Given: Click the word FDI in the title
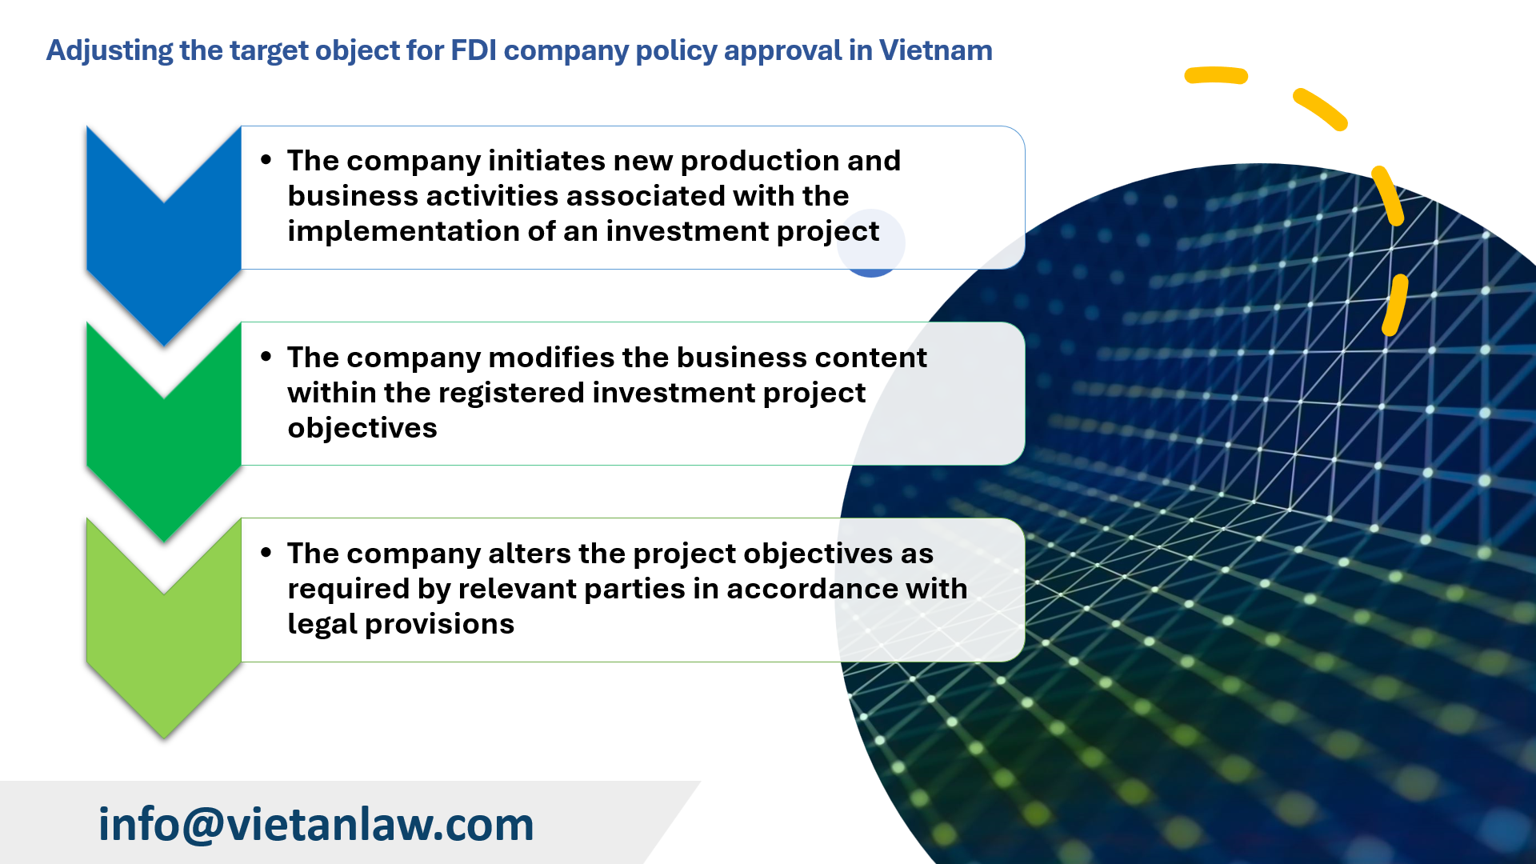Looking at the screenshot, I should pos(474,50).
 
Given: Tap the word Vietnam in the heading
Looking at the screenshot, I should pos(935,50).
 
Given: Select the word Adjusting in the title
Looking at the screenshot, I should pos(110,50).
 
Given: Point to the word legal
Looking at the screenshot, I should pos(322,624).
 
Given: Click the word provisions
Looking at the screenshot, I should pos(439,624).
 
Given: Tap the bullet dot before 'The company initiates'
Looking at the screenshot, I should pos(266,160).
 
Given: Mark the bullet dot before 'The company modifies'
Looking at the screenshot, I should pos(266,357).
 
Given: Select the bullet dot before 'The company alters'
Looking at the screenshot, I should pos(266,553).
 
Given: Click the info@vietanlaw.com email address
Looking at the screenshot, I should pos(316,824).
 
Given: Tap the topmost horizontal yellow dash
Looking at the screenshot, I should pos(1216,75).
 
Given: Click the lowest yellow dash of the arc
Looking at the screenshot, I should pos(1395,304).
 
